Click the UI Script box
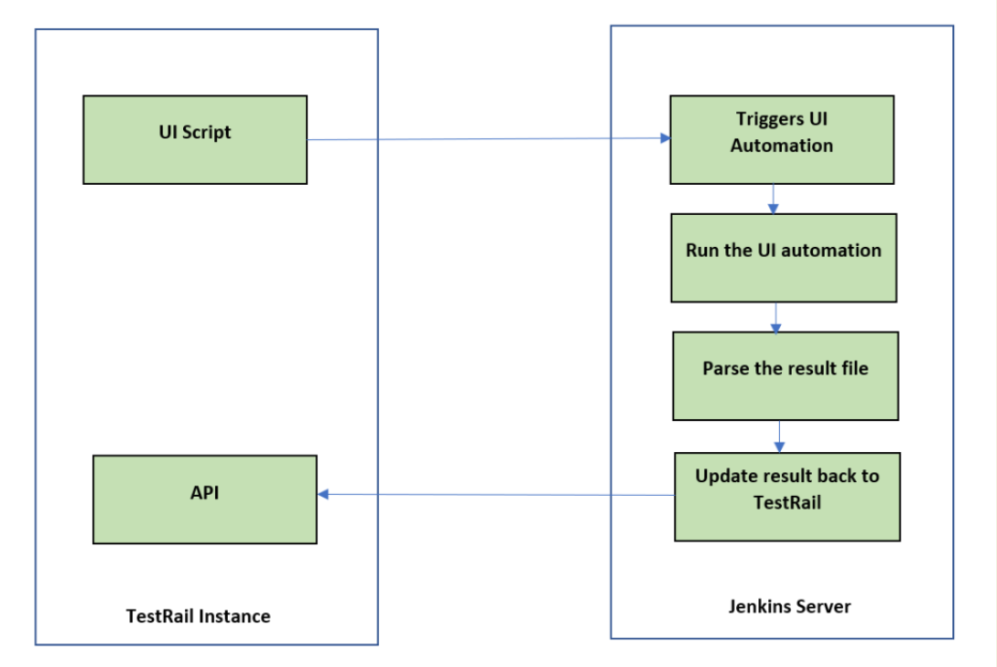(x=194, y=139)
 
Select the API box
(x=205, y=500)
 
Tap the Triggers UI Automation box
(x=782, y=139)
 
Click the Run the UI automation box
(x=784, y=258)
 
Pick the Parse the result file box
(x=786, y=376)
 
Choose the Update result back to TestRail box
(x=787, y=496)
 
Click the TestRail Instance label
(x=198, y=616)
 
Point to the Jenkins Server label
(x=789, y=606)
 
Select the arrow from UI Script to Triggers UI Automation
(x=485, y=139)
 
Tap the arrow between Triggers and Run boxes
(x=775, y=199)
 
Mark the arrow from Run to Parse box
(x=776, y=317)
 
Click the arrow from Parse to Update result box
(x=779, y=436)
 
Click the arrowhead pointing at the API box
(x=323, y=494)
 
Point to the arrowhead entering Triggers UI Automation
(x=666, y=139)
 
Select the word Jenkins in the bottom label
(x=759, y=606)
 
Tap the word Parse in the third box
(x=723, y=369)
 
